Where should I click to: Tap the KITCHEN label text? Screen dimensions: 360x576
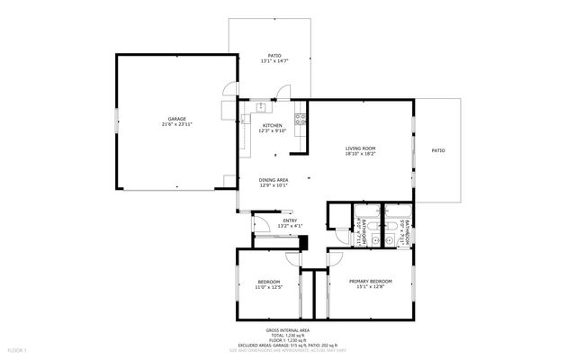tap(272, 125)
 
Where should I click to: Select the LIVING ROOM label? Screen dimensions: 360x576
tap(360, 148)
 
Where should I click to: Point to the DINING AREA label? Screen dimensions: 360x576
tap(273, 179)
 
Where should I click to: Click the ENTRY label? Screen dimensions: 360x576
tap(290, 220)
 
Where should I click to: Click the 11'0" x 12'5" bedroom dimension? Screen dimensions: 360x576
tap(270, 287)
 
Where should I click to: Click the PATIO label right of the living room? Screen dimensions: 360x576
tap(437, 150)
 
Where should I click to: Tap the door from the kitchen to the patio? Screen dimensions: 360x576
tap(283, 93)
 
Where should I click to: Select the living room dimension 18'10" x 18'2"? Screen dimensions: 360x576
tap(360, 154)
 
